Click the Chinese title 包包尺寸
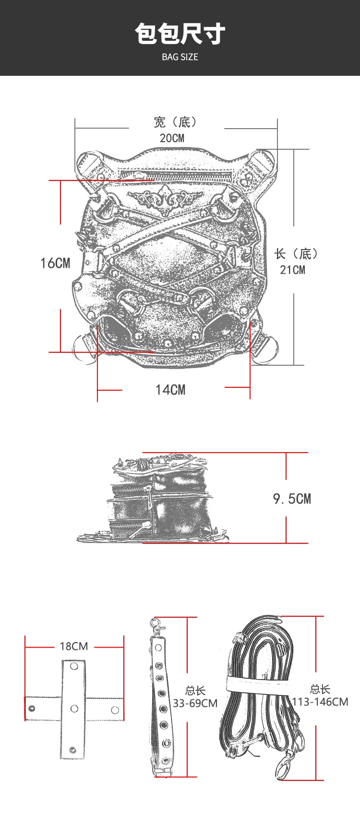point(180,34)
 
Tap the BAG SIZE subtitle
point(180,57)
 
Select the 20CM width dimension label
point(172,138)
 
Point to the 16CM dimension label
point(55,263)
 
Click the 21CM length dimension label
point(293,270)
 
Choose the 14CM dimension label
point(170,390)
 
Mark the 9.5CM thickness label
point(292,499)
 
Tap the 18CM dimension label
point(74,646)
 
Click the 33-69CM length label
point(195,704)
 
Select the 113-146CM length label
point(320,702)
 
